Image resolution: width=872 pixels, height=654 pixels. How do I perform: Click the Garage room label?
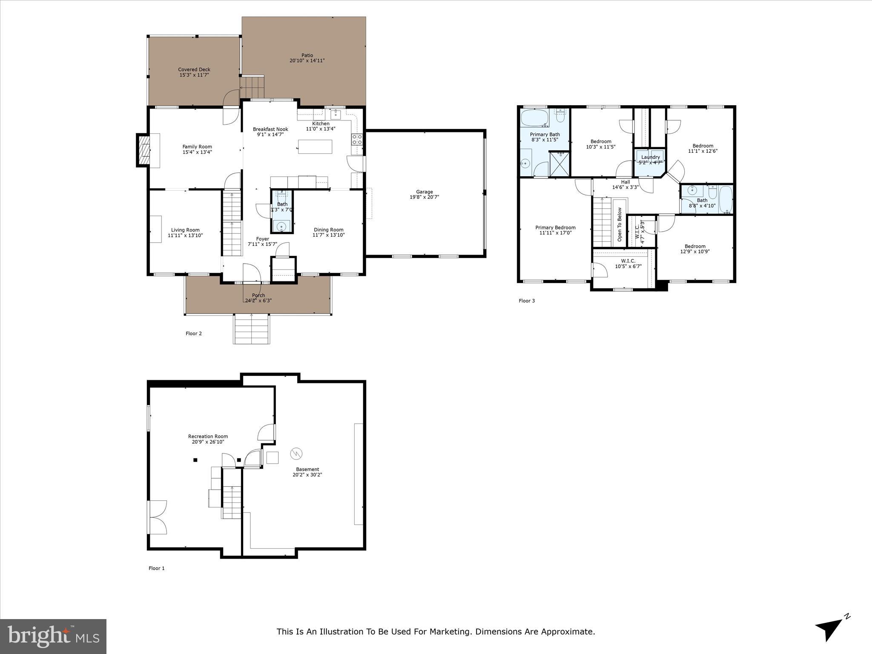pyautogui.click(x=424, y=192)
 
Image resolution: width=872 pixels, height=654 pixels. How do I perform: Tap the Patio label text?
pyautogui.click(x=307, y=55)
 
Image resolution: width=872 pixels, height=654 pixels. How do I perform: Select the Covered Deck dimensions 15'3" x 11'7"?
pyautogui.click(x=194, y=75)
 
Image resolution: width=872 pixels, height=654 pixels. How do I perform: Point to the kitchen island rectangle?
pyautogui.click(x=315, y=146)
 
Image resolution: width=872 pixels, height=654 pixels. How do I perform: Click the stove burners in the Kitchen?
pyautogui.click(x=357, y=139)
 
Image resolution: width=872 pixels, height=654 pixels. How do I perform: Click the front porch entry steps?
pyautogui.click(x=251, y=329)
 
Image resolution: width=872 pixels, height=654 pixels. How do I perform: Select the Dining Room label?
pyautogui.click(x=328, y=229)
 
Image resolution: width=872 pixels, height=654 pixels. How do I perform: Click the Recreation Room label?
pyautogui.click(x=208, y=436)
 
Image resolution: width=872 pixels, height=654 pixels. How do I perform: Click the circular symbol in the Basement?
pyautogui.click(x=296, y=453)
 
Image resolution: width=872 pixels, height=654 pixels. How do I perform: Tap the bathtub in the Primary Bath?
pyautogui.click(x=535, y=118)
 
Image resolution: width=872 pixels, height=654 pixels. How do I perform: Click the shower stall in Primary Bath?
pyautogui.click(x=559, y=163)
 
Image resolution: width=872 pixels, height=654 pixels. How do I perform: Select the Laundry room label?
pyautogui.click(x=650, y=157)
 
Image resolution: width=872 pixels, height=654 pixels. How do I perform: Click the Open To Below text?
pyautogui.click(x=620, y=224)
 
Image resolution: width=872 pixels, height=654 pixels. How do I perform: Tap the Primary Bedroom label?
pyautogui.click(x=555, y=227)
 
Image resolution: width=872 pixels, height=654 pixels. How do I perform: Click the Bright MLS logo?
pyautogui.click(x=53, y=636)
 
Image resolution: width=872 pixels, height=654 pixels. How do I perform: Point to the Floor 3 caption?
pyautogui.click(x=526, y=301)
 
